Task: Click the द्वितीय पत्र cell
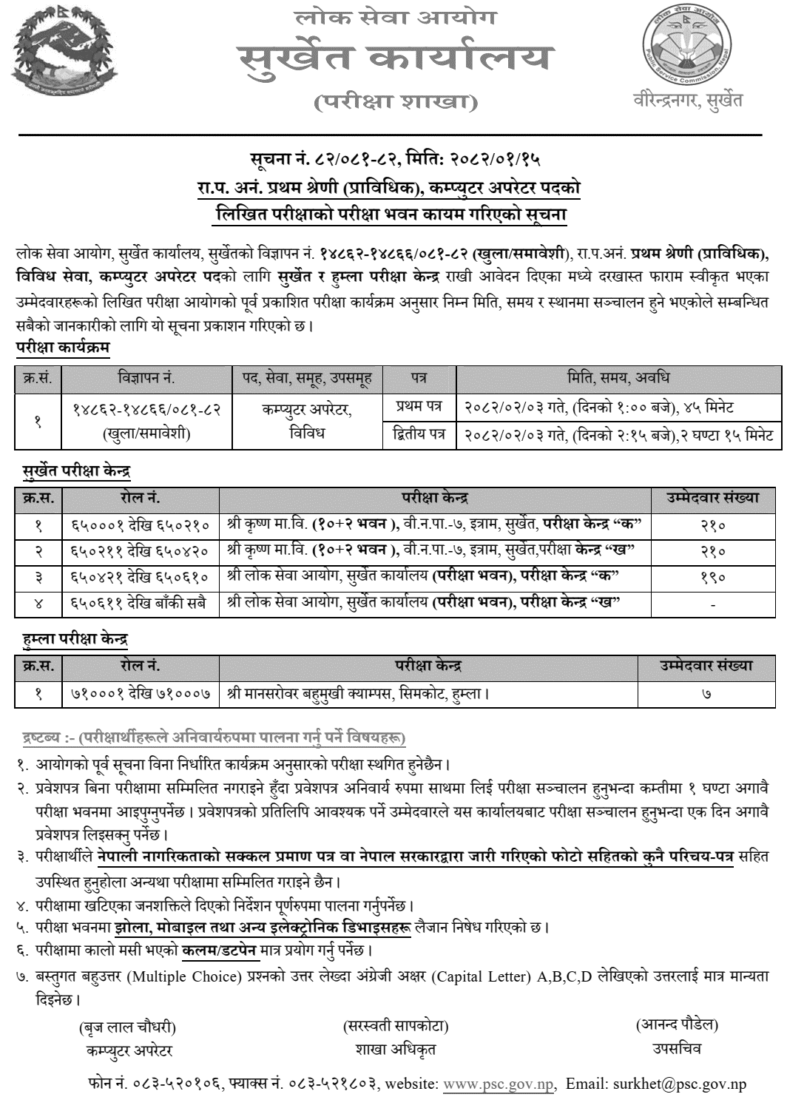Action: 419,435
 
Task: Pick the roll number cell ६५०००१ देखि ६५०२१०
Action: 141,526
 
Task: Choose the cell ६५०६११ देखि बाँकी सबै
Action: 141,603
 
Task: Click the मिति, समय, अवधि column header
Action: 618,378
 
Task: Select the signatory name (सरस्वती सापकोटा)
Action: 396,1026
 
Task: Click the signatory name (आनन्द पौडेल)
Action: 677,1024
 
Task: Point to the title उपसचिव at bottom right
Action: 676,1048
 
